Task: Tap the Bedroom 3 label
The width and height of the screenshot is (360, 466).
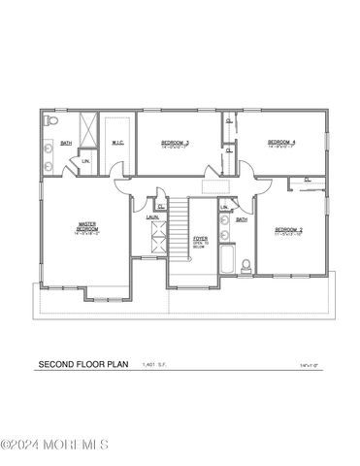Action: tap(175, 144)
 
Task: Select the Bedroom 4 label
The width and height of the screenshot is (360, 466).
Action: tap(280, 144)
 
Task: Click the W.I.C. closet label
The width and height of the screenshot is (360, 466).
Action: tap(116, 143)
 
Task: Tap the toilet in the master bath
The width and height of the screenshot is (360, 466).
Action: tap(54, 121)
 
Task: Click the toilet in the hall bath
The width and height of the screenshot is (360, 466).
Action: tap(246, 265)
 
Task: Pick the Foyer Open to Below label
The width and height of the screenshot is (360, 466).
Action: tap(199, 242)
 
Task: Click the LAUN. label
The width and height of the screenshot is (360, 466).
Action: tap(152, 217)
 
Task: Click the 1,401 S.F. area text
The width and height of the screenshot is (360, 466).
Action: tap(155, 366)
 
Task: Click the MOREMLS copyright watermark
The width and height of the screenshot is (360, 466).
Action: tap(54, 446)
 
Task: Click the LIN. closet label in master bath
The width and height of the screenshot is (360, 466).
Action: tap(85, 160)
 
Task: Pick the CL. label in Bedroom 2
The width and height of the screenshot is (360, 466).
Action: tap(307, 179)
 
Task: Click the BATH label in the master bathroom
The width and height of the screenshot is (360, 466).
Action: tap(66, 144)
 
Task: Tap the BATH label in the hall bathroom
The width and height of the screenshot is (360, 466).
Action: tap(242, 219)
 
